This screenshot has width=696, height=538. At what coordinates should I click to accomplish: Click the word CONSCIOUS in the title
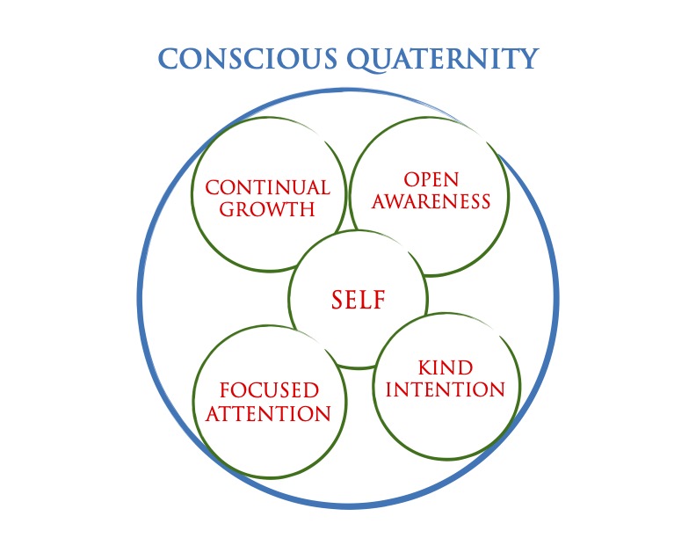tap(248, 59)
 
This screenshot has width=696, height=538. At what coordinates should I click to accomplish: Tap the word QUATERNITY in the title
tap(443, 60)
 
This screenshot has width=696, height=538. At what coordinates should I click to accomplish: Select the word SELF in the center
tap(359, 299)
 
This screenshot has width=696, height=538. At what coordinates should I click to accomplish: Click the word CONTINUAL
tap(268, 187)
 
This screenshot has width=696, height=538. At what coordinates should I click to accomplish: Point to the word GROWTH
tap(267, 209)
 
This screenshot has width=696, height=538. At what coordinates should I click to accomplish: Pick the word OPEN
tap(431, 180)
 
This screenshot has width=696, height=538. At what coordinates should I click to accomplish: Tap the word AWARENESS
tap(431, 201)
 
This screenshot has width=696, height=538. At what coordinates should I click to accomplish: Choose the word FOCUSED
tap(269, 390)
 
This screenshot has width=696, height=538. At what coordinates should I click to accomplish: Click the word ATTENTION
tap(268, 413)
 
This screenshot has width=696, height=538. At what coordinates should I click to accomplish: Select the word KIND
tap(446, 367)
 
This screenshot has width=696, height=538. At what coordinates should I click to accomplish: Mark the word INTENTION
tap(446, 389)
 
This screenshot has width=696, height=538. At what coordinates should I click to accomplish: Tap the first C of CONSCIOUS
tap(168, 59)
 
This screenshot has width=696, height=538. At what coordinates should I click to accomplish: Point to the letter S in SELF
tap(337, 299)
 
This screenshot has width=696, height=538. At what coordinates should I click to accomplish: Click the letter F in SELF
tap(379, 299)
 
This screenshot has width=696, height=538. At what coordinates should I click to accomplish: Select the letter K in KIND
tap(425, 367)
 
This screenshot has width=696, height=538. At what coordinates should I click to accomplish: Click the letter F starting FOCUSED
tap(226, 390)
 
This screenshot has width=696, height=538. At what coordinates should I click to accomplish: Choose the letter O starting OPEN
tap(411, 180)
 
